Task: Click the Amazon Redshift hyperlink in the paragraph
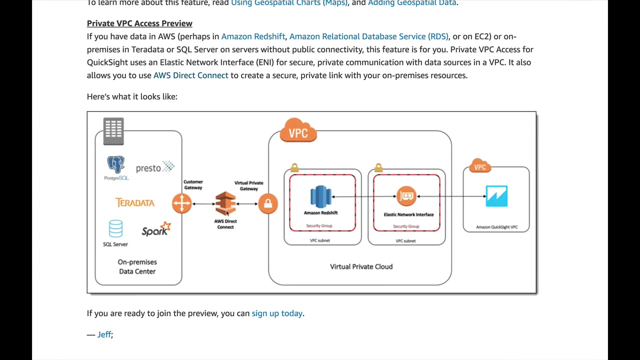tap(253, 36)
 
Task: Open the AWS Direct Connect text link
tap(190, 75)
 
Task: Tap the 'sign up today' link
tap(277, 313)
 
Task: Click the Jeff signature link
tap(104, 334)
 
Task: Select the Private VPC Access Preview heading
tap(139, 23)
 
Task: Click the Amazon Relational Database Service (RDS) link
tap(368, 36)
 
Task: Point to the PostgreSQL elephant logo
tap(115, 165)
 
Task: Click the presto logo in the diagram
tap(154, 167)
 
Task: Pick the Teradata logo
tap(135, 202)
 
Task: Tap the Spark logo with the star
tap(156, 229)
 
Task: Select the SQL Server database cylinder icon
tap(115, 228)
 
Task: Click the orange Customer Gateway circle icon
tap(181, 203)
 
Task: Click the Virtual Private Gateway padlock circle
tap(268, 203)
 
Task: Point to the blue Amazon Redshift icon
tap(320, 196)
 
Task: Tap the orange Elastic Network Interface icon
tap(406, 196)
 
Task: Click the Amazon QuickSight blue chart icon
tap(496, 196)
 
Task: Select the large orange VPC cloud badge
tap(298, 131)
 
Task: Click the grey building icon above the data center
tap(113, 131)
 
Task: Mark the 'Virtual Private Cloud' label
tap(361, 266)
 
